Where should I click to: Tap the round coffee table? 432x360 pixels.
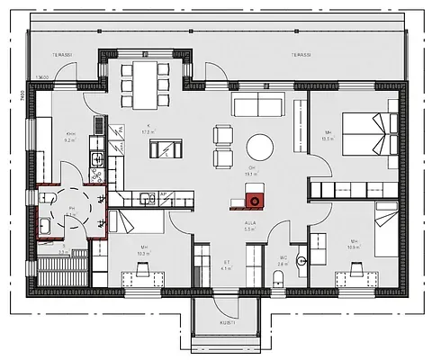[260, 146]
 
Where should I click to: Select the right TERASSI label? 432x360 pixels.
[301, 55]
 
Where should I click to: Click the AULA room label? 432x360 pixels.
[249, 225]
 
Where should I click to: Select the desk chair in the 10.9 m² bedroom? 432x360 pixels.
[355, 267]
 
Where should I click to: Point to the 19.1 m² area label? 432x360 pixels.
[252, 174]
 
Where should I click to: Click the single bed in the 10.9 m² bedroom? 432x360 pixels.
[385, 221]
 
